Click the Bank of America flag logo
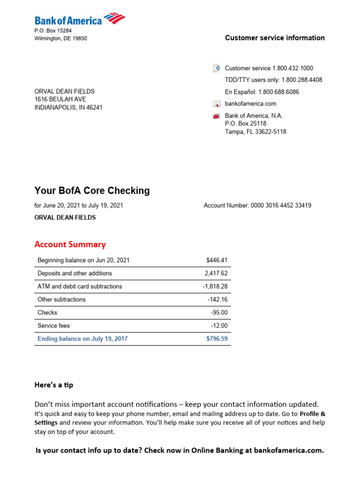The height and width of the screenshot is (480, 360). pos(114,19)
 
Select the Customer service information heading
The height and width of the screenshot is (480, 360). pos(275,38)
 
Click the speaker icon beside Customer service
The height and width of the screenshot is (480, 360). pos(216,68)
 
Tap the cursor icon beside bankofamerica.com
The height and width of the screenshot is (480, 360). pos(216,104)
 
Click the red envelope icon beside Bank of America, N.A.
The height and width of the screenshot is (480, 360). pos(216,116)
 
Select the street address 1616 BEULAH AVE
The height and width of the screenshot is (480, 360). pos(60,99)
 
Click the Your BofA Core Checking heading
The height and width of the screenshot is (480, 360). pos(92,191)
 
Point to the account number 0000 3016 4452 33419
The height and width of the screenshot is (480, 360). pos(281,205)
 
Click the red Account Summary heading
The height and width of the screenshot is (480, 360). pos(70,244)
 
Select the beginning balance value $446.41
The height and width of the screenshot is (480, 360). pos(217,260)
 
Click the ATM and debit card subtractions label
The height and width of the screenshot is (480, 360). pos(80,286)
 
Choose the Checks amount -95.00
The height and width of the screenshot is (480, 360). pos(219,313)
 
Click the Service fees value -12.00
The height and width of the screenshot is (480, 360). pos(219,326)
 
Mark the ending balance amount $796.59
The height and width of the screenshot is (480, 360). pos(217,338)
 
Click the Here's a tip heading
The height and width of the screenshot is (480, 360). pos(54,385)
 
